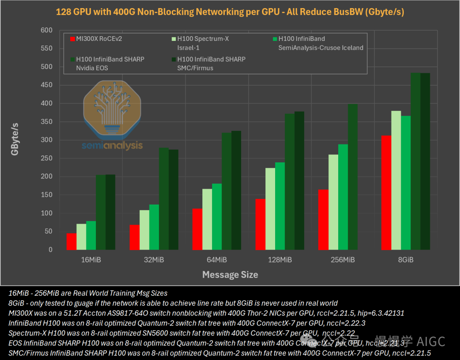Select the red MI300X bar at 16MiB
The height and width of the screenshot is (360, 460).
[x=71, y=242]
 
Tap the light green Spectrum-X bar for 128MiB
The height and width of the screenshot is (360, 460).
[x=270, y=209]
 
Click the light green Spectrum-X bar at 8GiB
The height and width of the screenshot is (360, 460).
[x=396, y=180]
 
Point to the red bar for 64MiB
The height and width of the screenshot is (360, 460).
[x=197, y=229]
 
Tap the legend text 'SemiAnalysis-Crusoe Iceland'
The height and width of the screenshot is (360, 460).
[x=321, y=48]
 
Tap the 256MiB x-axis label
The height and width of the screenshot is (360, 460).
[x=343, y=259]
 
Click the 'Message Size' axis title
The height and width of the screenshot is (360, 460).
[x=230, y=275]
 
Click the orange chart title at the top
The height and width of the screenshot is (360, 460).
[x=230, y=12]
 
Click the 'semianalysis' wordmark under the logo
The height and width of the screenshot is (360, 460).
[x=112, y=145]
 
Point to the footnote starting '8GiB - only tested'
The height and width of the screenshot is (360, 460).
[x=173, y=303]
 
